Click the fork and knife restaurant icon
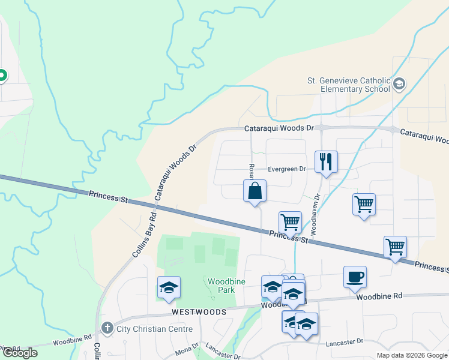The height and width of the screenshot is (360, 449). (x=326, y=161)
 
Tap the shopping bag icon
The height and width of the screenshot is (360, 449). (x=255, y=191)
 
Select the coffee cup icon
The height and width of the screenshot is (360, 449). (x=355, y=277)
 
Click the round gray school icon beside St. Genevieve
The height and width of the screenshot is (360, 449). (x=400, y=85)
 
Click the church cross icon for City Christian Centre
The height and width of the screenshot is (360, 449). (x=107, y=328)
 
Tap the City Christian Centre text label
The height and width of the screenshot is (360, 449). (x=155, y=329)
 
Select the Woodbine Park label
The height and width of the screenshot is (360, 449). (x=220, y=285)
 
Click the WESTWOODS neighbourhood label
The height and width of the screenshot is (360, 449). (x=199, y=312)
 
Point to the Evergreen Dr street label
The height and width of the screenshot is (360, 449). (x=287, y=169)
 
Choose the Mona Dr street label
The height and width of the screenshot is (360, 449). (x=187, y=351)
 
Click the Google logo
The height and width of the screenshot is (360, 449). (x=20, y=353)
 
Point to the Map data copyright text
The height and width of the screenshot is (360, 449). (x=411, y=355)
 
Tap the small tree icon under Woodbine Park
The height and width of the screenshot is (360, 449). (x=212, y=296)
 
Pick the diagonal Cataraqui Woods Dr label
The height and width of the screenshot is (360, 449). (x=176, y=172)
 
